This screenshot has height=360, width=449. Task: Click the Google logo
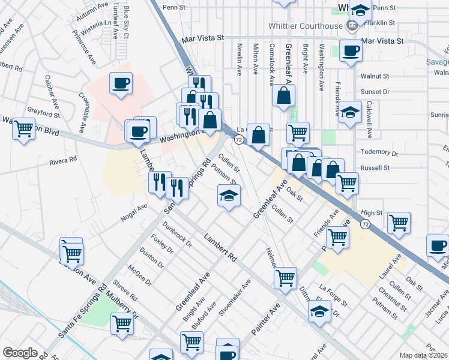click(x=20, y=353)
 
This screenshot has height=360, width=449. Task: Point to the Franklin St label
click(x=382, y=22)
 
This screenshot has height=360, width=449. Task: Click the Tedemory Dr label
click(x=375, y=152)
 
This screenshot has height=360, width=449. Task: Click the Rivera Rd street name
click(x=64, y=160)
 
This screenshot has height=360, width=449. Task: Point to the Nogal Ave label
click(x=134, y=214)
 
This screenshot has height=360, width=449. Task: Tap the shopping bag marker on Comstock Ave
click(x=283, y=95)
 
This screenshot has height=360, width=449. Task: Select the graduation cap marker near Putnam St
click(x=229, y=196)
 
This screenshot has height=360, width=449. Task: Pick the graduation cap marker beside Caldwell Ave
click(x=350, y=112)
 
